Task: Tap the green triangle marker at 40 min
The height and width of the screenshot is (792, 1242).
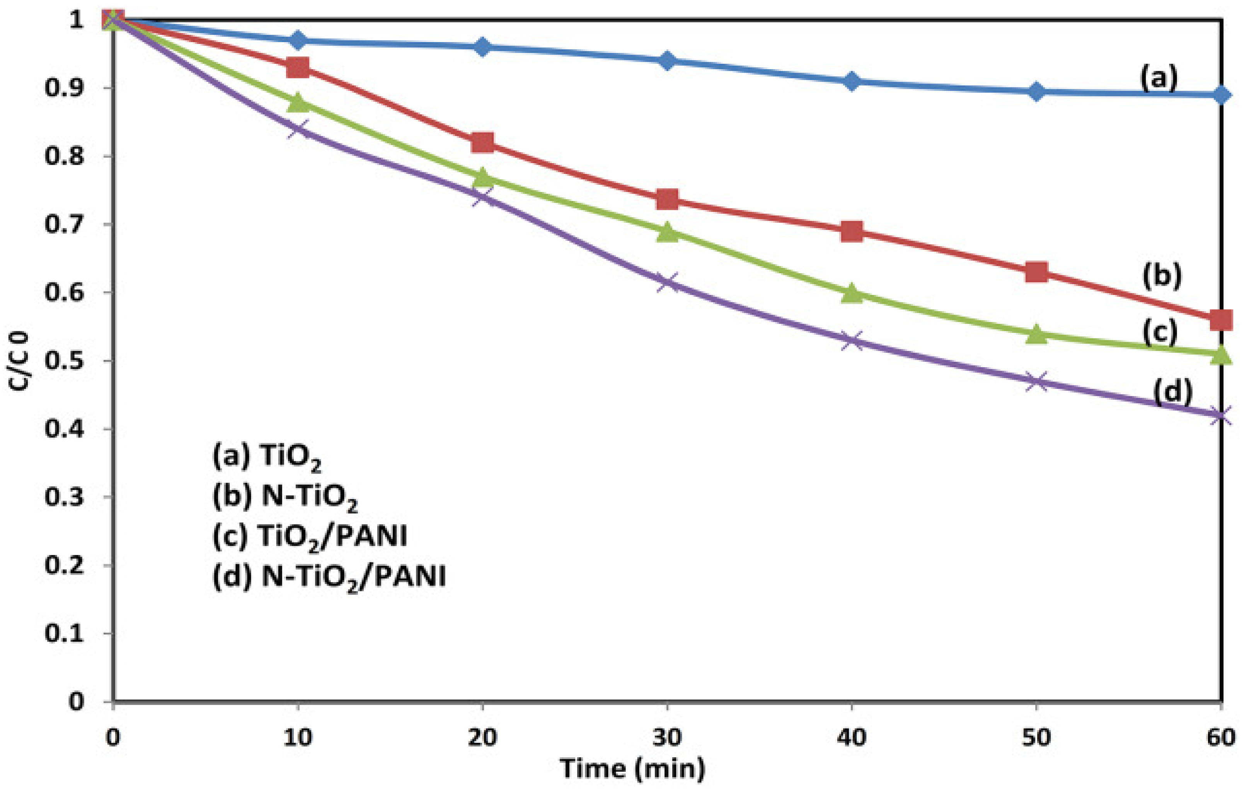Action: (x=852, y=293)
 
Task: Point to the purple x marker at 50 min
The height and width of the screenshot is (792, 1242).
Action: (x=1036, y=382)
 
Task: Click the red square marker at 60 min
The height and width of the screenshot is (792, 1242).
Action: (x=1221, y=320)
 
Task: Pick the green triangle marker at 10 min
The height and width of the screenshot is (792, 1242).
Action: (x=298, y=102)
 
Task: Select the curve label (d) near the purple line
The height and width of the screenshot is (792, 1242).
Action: (x=1173, y=392)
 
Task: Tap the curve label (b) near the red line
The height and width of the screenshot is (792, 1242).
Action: (x=1162, y=276)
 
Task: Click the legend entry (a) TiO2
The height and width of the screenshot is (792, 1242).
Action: (x=267, y=457)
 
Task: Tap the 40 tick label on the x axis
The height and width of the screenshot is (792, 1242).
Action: (x=852, y=737)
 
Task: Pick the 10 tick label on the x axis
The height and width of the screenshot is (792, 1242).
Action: (x=298, y=737)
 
